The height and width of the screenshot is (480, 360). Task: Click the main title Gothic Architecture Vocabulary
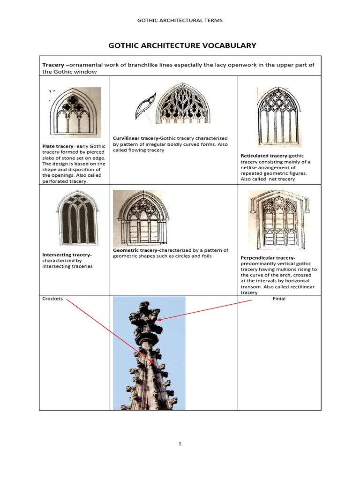(182, 45)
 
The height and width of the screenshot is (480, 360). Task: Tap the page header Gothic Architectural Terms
(180, 20)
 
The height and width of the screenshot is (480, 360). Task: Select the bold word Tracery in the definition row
(53, 65)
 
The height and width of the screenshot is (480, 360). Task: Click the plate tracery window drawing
(75, 112)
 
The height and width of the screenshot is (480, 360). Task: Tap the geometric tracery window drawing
(141, 218)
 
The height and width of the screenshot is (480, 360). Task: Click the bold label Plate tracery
(59, 146)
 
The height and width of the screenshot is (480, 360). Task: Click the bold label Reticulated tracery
(264, 156)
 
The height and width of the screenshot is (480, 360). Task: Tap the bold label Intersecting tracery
(67, 255)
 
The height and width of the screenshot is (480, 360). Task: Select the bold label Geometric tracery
(135, 250)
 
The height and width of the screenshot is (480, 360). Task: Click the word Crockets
(52, 299)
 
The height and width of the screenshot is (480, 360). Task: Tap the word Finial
(279, 299)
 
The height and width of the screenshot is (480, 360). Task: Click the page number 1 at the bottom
(180, 444)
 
